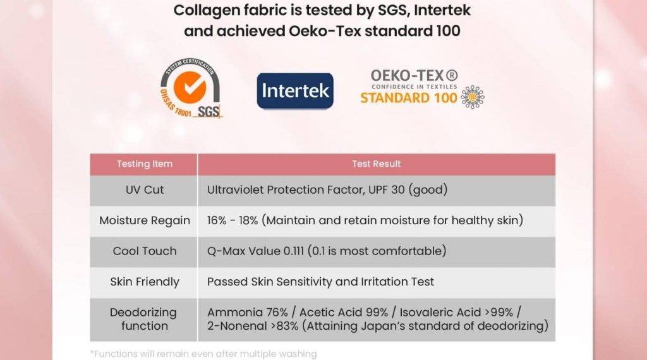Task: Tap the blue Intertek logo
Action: [x=295, y=91]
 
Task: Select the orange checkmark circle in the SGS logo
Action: [x=190, y=87]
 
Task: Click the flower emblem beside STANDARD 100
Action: [x=473, y=97]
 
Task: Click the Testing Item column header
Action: [x=145, y=164]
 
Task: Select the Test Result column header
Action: [x=377, y=164]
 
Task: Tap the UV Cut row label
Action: [x=145, y=189]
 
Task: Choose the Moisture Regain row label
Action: [x=145, y=220]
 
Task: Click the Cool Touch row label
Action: [x=145, y=251]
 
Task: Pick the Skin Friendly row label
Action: [x=145, y=282]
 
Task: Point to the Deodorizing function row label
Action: [x=143, y=319]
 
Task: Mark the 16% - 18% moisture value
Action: [x=233, y=220]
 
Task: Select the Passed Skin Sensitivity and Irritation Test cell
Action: [x=320, y=282]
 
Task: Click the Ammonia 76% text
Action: [x=247, y=313]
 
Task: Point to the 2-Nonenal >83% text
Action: [x=253, y=326]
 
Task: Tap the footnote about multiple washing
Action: [x=203, y=354]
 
